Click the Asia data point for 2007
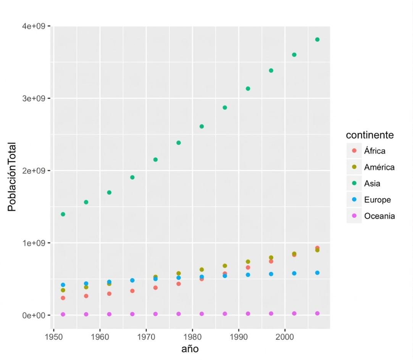click(x=318, y=40)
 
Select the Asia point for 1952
click(x=63, y=214)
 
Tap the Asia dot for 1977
click(x=179, y=143)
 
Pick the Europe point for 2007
click(x=318, y=273)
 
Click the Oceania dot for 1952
click(x=63, y=314)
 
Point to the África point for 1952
click(x=63, y=298)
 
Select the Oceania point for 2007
click(x=318, y=313)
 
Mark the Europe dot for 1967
click(x=132, y=280)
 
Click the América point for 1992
click(x=248, y=262)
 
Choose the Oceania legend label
click(x=379, y=216)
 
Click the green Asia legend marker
click(x=354, y=183)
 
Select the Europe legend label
click(x=378, y=200)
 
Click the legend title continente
click(x=370, y=135)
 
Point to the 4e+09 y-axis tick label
click(x=34, y=26)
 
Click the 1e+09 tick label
click(x=34, y=243)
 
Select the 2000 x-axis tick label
click(x=285, y=337)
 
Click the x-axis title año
click(x=190, y=349)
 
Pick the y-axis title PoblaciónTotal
click(x=12, y=177)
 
